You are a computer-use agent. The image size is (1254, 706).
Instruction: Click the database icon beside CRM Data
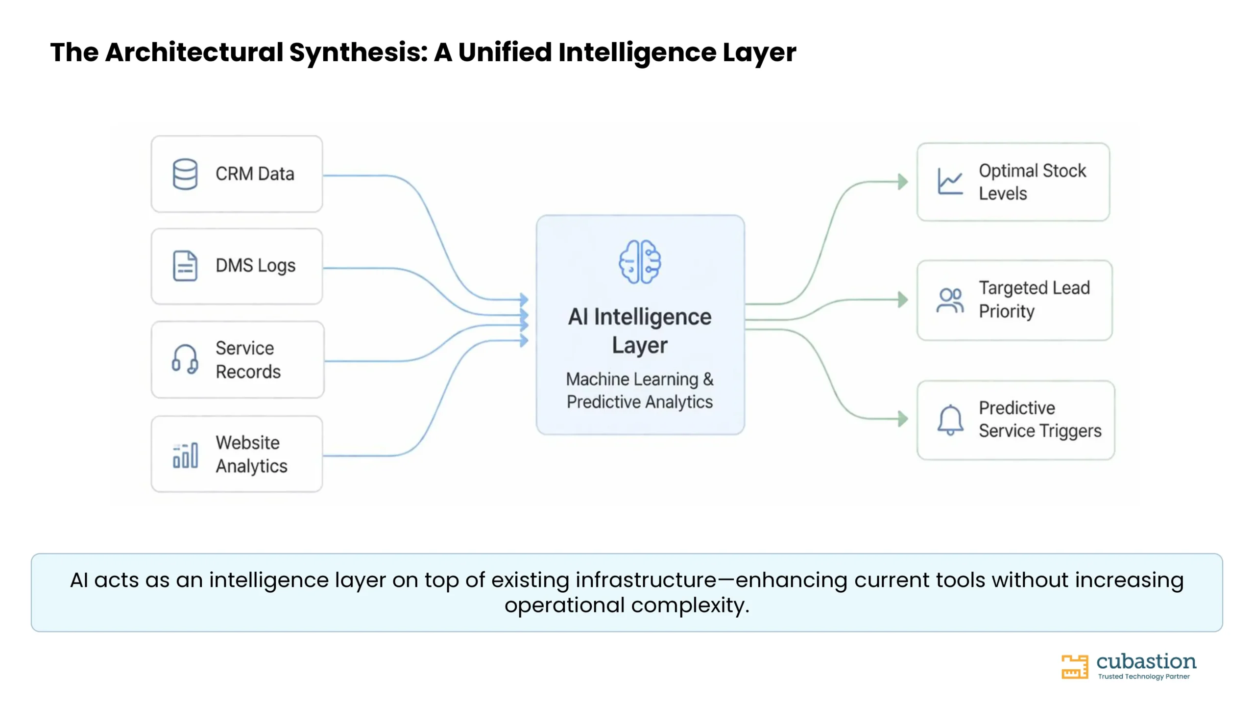[x=185, y=174]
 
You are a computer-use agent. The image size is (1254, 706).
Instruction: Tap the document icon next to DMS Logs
[x=185, y=266]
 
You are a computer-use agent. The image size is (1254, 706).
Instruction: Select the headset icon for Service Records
[x=185, y=359]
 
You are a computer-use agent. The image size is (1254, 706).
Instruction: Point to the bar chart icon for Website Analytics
[x=185, y=455]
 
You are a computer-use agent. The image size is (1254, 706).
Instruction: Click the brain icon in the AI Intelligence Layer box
[x=640, y=262]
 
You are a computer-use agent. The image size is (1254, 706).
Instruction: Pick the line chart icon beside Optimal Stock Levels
[x=950, y=181]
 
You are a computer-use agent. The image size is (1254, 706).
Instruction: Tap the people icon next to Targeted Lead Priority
[x=950, y=300]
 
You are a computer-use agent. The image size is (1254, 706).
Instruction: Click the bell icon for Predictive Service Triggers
[x=950, y=420]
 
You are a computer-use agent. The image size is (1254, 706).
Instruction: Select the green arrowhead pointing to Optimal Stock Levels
[x=903, y=181]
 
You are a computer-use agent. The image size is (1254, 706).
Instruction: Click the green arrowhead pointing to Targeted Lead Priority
[x=903, y=300]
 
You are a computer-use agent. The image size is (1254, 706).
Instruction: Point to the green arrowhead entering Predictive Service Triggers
[x=903, y=419]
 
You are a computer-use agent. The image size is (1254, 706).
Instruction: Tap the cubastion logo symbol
[x=1075, y=667]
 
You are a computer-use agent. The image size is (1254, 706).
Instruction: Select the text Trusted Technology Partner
[x=1144, y=677]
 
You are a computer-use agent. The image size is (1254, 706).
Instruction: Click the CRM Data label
[x=255, y=174]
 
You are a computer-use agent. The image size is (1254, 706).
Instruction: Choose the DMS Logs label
[x=256, y=266]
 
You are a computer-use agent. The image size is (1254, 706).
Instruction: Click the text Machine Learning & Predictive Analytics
[x=640, y=391]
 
